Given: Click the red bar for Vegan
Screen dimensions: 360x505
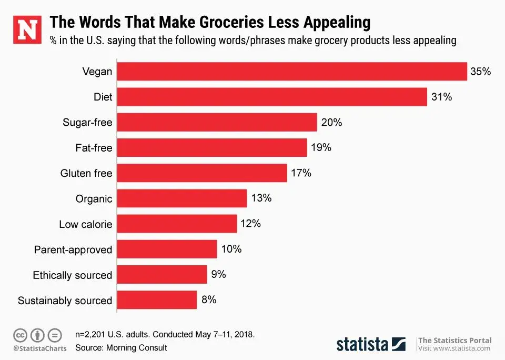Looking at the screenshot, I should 292,72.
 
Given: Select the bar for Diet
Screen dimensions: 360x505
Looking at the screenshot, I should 272,97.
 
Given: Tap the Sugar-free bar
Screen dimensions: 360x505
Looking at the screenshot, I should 217,122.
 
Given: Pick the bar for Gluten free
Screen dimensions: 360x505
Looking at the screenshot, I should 202,173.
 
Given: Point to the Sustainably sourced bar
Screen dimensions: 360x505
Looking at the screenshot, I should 157,300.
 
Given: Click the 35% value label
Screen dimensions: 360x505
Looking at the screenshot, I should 480,72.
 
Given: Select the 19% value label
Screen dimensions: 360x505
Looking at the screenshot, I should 321,147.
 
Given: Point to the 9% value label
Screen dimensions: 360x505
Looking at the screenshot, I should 218,274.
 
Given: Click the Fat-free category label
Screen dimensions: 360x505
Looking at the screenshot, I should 94,148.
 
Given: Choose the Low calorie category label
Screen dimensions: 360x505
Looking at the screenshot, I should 85,224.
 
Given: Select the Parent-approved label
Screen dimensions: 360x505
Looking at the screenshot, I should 73,249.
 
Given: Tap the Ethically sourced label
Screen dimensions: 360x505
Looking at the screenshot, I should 72,275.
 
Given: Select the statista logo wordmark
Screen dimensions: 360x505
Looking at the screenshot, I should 362,344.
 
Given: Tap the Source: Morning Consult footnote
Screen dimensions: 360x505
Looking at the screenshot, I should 121,347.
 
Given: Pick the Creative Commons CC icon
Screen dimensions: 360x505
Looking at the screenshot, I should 20,334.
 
